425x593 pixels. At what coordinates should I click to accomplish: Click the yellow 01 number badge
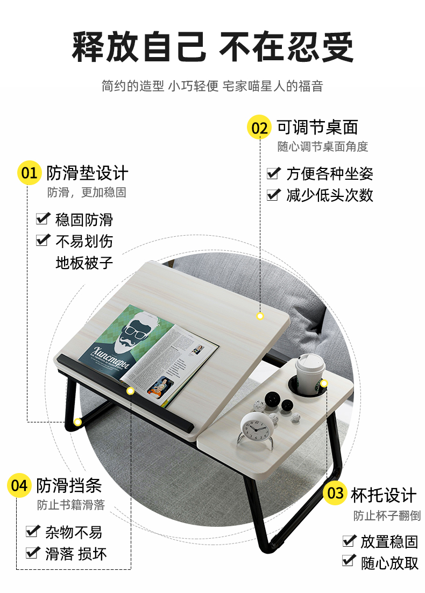(29, 173)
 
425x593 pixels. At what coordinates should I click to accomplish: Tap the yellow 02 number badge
(259, 127)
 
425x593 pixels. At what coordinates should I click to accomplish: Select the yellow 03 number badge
(335, 493)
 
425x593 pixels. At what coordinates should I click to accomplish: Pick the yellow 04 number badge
(19, 485)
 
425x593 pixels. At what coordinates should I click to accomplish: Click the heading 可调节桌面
(317, 127)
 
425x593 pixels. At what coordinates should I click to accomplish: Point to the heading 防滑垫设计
(87, 173)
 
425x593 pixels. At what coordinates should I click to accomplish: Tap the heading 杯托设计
(384, 495)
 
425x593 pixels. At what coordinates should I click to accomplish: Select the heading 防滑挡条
(69, 485)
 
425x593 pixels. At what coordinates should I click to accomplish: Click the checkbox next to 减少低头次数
(274, 194)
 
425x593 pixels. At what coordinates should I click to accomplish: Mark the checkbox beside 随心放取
(349, 561)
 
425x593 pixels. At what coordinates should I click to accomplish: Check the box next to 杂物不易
(33, 531)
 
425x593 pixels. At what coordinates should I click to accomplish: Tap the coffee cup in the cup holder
(310, 373)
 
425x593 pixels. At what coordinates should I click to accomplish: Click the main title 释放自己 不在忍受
(213, 47)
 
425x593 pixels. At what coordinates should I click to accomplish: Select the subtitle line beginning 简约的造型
(212, 86)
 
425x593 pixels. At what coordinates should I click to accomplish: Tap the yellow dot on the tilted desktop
(260, 316)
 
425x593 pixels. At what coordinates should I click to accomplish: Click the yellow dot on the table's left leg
(77, 422)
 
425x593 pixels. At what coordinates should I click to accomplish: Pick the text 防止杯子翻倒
(387, 515)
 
